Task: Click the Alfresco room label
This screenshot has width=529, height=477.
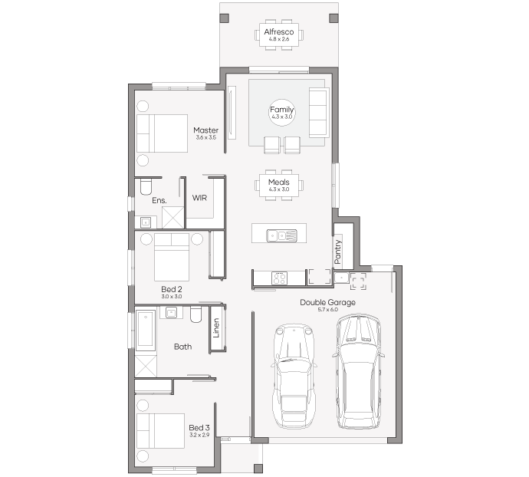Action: [278, 31]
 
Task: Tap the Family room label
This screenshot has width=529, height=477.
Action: [281, 110]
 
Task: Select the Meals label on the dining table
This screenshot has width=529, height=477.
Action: [278, 182]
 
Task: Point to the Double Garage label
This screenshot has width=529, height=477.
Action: [327, 302]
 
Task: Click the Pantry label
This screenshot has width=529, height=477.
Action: [337, 252]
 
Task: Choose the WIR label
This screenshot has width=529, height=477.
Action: [199, 198]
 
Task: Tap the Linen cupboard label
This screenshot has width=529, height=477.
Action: [216, 327]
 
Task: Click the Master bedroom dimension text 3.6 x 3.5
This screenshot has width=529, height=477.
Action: [205, 137]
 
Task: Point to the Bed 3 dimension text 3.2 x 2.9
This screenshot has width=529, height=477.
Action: [199, 435]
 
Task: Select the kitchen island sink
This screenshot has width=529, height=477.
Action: [281, 235]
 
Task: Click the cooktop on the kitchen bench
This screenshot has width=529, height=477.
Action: [279, 278]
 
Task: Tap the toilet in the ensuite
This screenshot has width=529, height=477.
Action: [146, 186]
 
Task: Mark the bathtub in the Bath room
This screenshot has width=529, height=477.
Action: [146, 329]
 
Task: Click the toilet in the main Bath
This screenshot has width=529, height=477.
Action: [195, 314]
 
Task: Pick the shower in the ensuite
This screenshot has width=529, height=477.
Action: [172, 217]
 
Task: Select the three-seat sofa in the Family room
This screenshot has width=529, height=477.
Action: [318, 113]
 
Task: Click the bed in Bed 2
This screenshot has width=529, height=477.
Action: [172, 257]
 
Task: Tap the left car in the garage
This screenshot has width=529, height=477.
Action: [294, 376]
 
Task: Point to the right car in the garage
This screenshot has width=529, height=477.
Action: [359, 371]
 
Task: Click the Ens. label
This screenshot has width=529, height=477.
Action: [159, 200]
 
